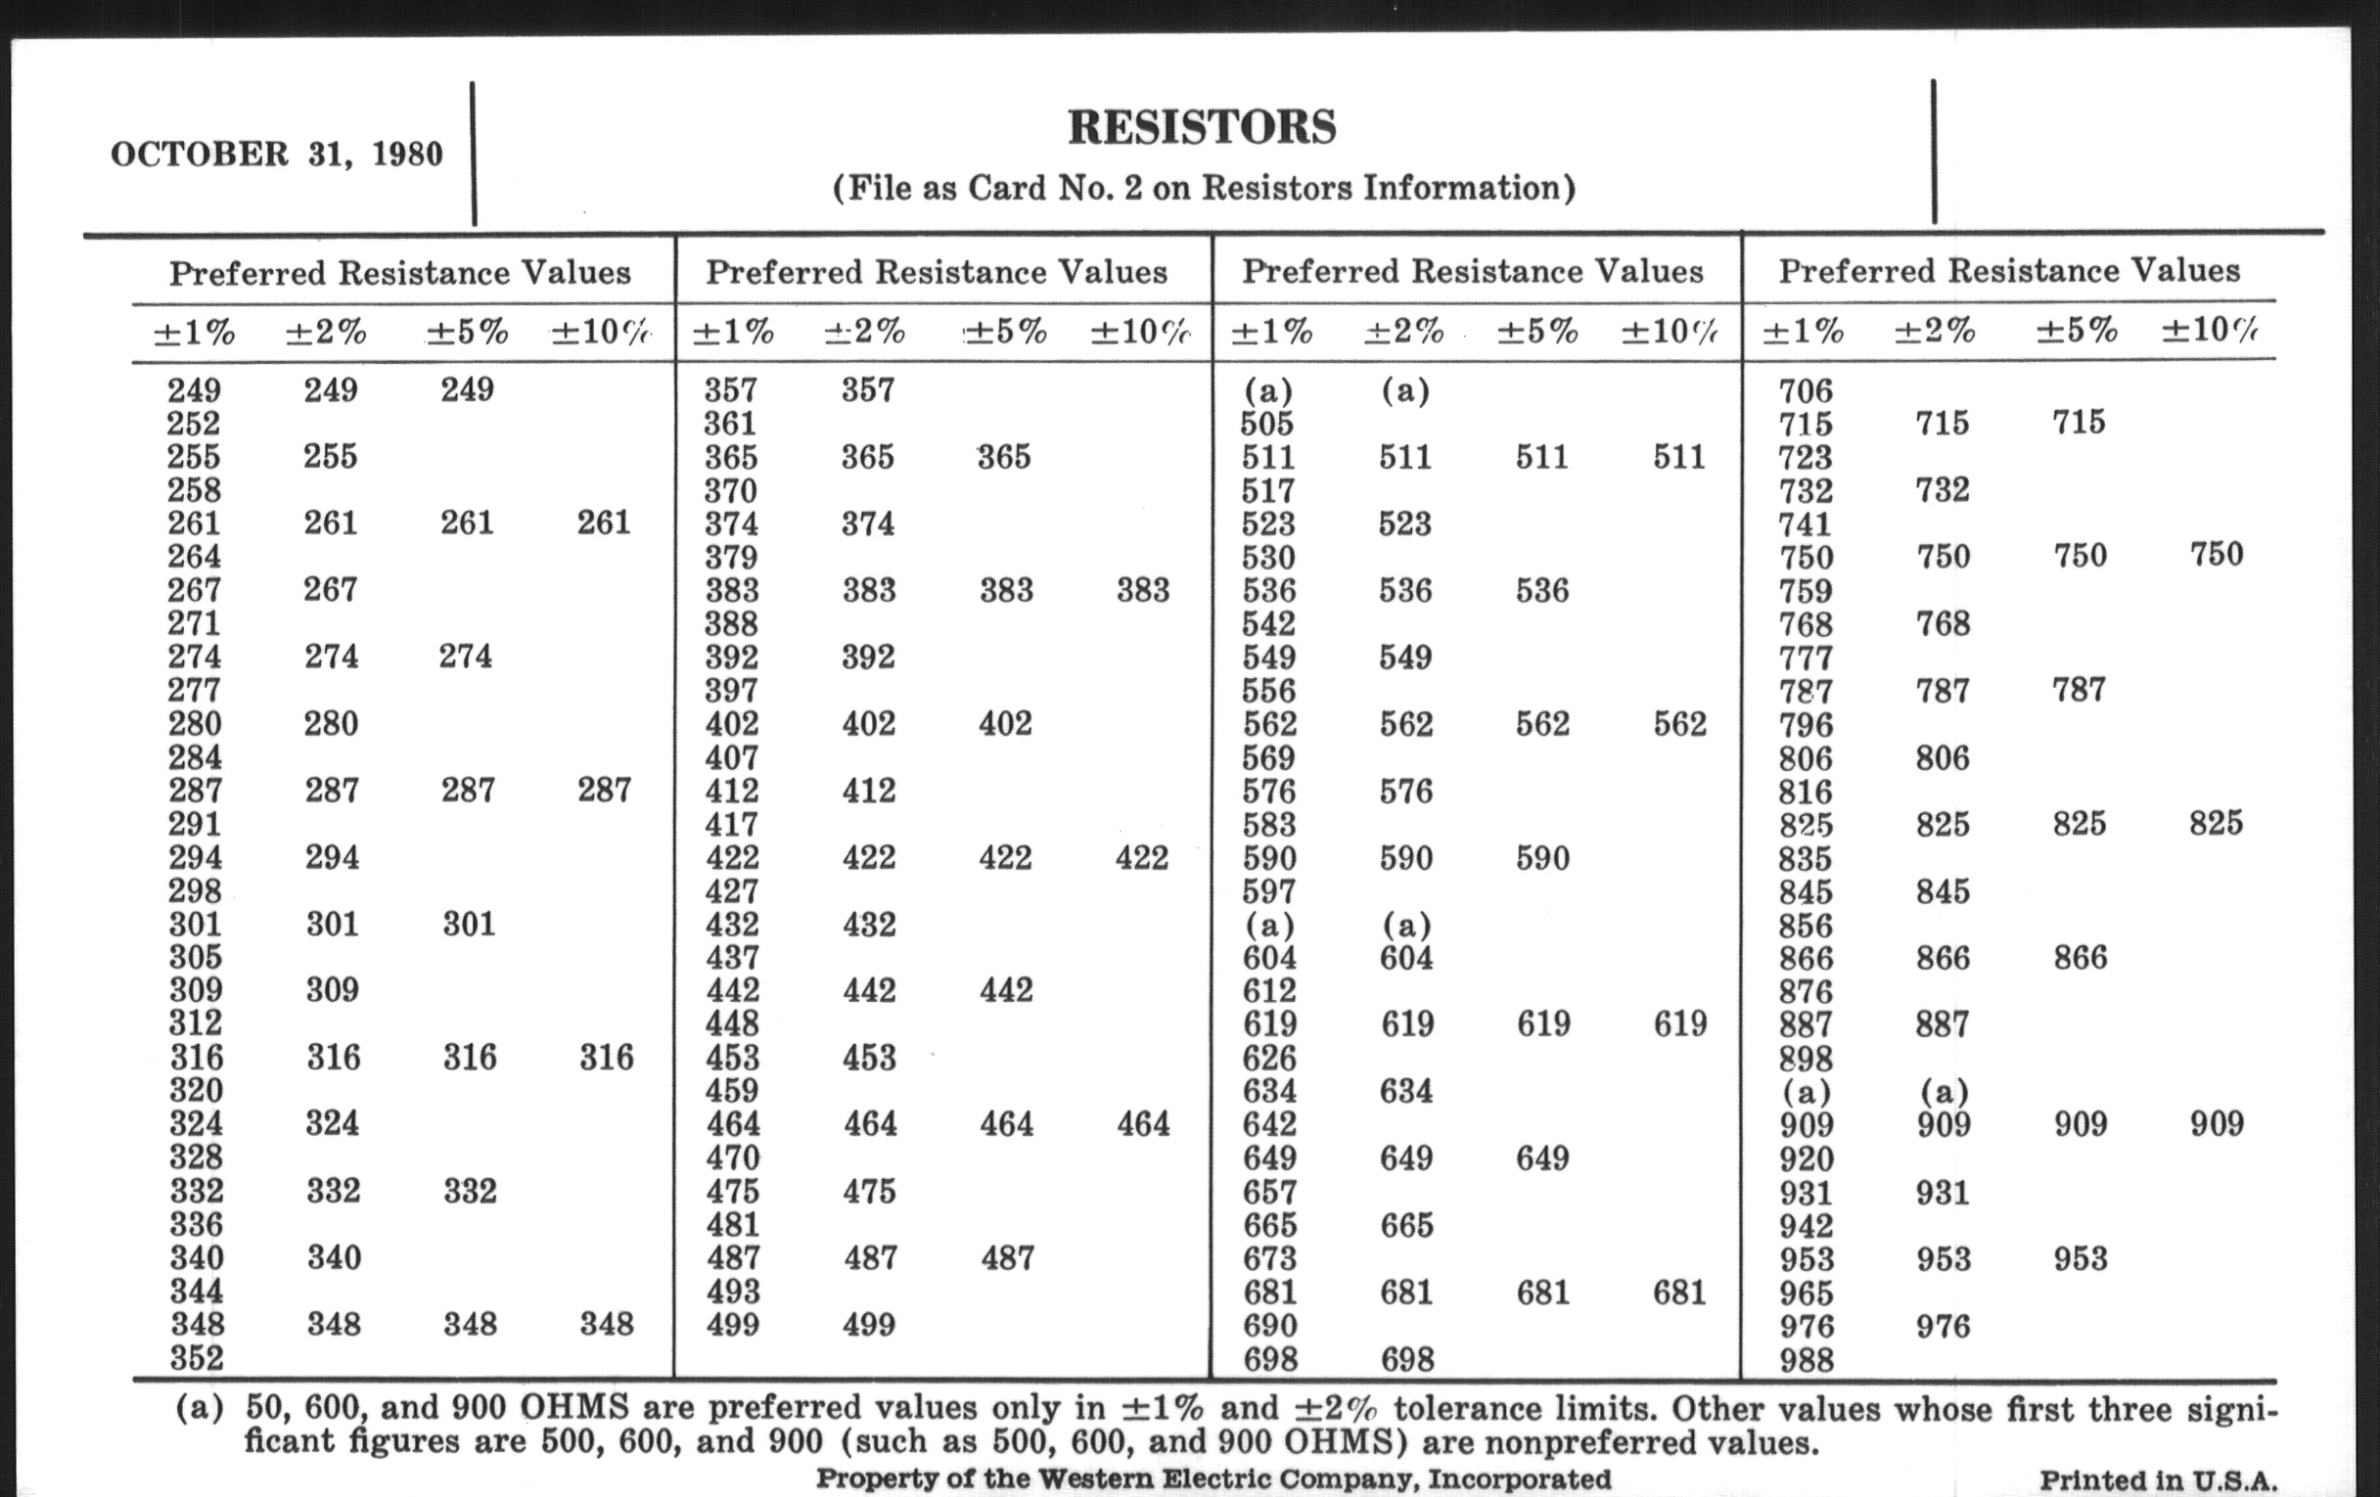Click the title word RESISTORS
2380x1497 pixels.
[x=1202, y=127]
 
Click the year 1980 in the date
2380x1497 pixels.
[x=407, y=155]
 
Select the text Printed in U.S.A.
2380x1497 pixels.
[x=2158, y=1480]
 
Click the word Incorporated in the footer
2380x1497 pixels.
[x=1519, y=1479]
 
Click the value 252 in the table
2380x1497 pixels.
[x=194, y=424]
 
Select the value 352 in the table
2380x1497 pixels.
[x=196, y=1358]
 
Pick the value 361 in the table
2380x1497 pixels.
[x=730, y=424]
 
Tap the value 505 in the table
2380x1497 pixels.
[x=1267, y=424]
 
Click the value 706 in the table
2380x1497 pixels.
[x=1806, y=391]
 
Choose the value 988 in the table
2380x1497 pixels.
[x=1807, y=1360]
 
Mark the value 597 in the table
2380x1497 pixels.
[x=1268, y=891]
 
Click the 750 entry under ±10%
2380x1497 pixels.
[x=2216, y=555]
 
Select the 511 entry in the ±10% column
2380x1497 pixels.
[x=1679, y=457]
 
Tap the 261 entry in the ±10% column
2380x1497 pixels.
[x=604, y=522]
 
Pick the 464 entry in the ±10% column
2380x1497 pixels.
[x=1144, y=1123]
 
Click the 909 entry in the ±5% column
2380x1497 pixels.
[x=2081, y=1123]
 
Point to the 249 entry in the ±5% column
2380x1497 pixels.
[x=468, y=389]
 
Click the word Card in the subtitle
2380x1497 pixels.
[x=1007, y=188]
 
